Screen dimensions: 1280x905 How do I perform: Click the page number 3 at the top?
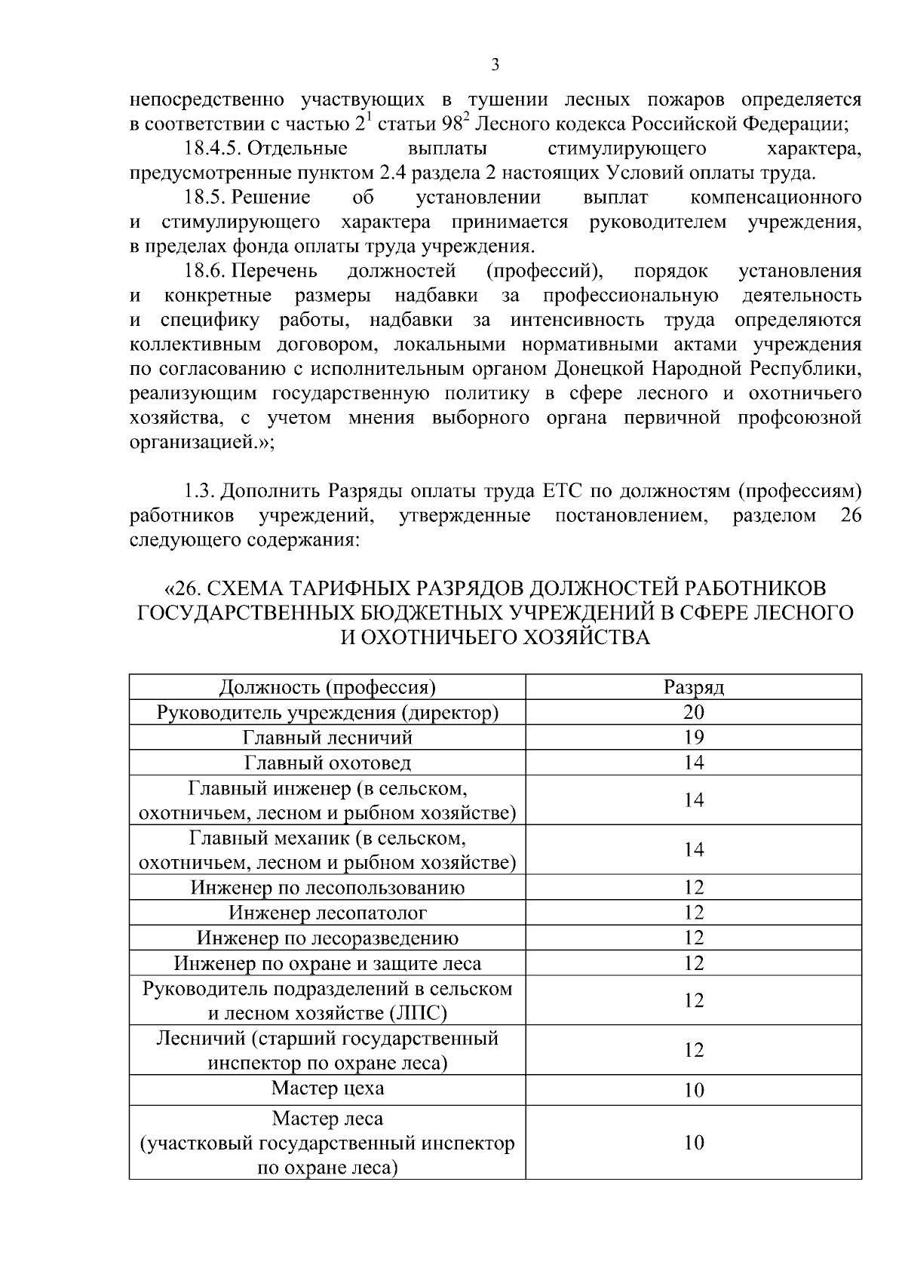tap(495, 65)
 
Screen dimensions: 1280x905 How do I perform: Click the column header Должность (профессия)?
tap(327, 688)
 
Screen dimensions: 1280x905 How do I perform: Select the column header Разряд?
tap(694, 688)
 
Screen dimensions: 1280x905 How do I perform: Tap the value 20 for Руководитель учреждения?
tap(694, 713)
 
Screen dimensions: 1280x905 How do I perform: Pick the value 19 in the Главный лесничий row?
tap(694, 738)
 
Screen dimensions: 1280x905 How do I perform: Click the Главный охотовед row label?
tap(327, 763)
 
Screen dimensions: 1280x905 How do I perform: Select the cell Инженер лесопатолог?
tap(327, 913)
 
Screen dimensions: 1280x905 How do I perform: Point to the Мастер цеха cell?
tap(327, 1088)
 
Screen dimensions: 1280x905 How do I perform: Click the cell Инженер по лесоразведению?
tap(327, 938)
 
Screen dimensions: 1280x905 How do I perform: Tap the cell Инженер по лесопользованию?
tap(327, 888)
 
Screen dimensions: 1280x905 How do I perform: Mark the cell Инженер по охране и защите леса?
tap(327, 963)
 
